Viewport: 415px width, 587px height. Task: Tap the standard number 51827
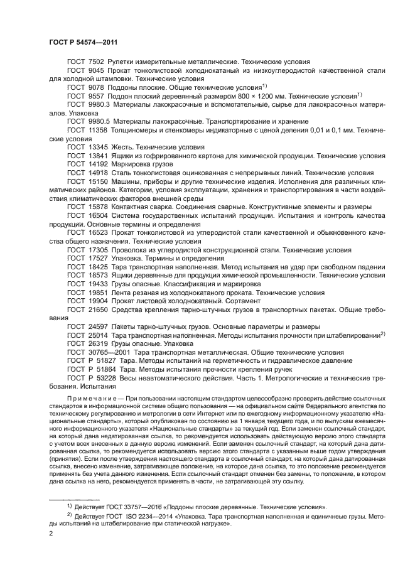104,361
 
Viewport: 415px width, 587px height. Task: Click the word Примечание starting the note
95,399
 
